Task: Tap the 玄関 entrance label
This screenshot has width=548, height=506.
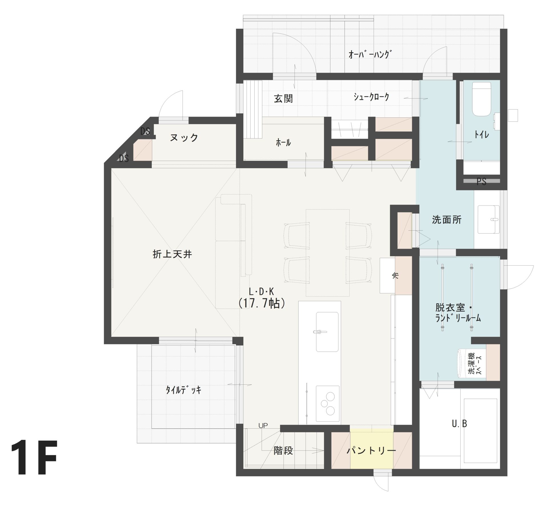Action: tap(283, 99)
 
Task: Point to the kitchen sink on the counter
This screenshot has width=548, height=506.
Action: tap(327, 332)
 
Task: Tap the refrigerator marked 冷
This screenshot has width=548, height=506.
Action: tap(387, 276)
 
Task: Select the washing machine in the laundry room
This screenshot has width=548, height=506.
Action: tap(472, 363)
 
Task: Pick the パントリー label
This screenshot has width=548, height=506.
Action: tap(371, 451)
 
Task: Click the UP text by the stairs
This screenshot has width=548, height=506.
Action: tap(263, 426)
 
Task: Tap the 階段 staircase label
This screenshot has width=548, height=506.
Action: tap(283, 451)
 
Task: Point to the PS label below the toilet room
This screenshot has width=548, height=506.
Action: tap(481, 182)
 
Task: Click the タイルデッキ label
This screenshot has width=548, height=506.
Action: tap(184, 390)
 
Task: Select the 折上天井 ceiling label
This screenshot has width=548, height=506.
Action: tap(172, 254)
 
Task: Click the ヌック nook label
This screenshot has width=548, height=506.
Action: tap(184, 138)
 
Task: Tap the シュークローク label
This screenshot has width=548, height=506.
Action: tap(371, 97)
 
